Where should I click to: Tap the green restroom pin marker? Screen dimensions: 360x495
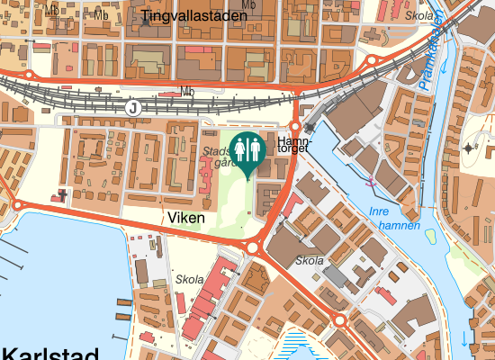click(247, 151)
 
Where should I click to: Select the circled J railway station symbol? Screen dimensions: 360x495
click(134, 106)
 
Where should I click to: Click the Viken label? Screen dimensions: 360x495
click(186, 218)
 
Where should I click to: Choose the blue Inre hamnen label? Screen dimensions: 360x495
click(395, 219)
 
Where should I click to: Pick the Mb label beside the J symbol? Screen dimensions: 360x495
click(187, 91)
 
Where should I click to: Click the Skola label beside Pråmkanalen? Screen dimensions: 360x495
click(418, 16)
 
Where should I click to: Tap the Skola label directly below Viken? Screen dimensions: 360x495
click(190, 280)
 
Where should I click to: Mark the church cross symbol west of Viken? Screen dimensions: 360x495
click(62, 193)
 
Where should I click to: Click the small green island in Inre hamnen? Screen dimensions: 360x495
click(430, 237)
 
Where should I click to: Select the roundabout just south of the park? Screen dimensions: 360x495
click(252, 247)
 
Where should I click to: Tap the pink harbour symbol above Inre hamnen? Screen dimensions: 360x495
click(370, 183)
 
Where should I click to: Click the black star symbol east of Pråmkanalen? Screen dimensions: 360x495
click(469, 148)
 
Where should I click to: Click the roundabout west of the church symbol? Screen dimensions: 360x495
click(17, 206)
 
